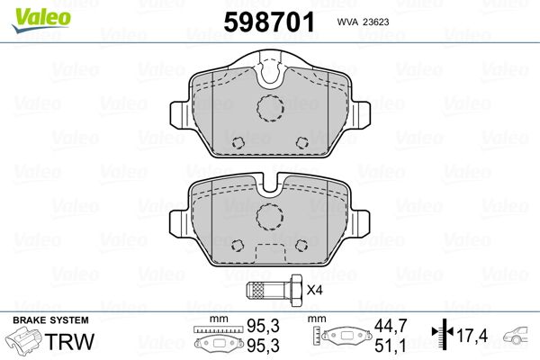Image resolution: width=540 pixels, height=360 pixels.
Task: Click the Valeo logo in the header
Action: click(41, 20)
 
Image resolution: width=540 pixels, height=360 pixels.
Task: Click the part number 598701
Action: click(269, 22)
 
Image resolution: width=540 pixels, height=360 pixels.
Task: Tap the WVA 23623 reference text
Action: click(363, 22)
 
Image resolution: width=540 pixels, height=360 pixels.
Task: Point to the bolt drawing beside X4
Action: click(274, 290)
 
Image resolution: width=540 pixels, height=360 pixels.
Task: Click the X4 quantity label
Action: click(314, 290)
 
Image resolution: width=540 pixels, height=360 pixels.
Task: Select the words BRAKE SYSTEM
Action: click(50, 320)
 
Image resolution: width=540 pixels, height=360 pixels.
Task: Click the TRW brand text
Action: click(69, 341)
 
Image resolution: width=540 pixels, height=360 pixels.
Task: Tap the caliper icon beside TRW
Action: click(24, 340)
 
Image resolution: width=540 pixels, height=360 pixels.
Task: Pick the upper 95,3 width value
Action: click(263, 326)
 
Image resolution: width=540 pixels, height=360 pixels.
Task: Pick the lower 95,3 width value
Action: click(263, 346)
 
